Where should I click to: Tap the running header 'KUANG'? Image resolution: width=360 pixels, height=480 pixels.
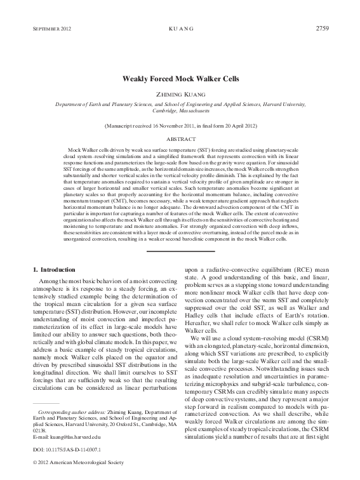180,30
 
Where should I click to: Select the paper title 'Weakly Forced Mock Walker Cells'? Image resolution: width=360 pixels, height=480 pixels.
180,81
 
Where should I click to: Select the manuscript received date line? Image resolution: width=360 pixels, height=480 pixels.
180,126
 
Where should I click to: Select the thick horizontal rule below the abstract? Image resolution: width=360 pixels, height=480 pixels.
180,252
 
